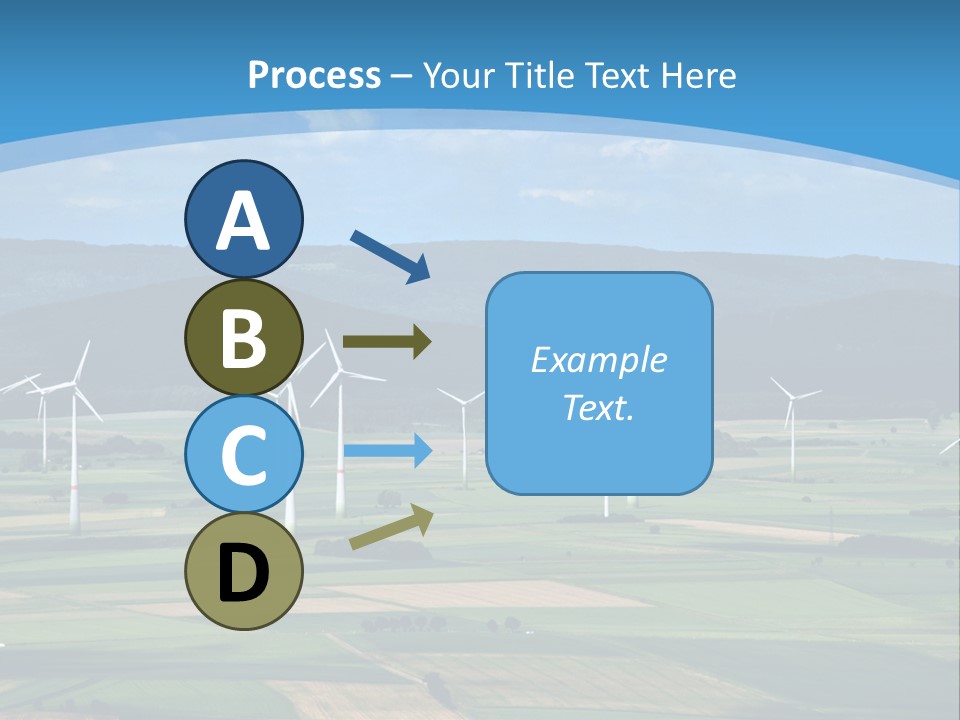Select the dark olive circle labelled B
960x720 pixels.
[x=243, y=337]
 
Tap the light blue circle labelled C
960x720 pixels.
[x=243, y=454]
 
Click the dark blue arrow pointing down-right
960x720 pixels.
[x=389, y=256]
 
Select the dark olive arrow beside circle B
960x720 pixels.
[x=386, y=342]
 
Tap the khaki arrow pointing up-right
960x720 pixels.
[x=391, y=527]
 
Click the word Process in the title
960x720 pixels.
[x=314, y=75]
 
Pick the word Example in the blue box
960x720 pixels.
[x=598, y=360]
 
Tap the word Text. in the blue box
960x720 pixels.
[x=598, y=407]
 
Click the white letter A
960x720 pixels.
[x=243, y=221]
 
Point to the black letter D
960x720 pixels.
[x=243, y=574]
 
